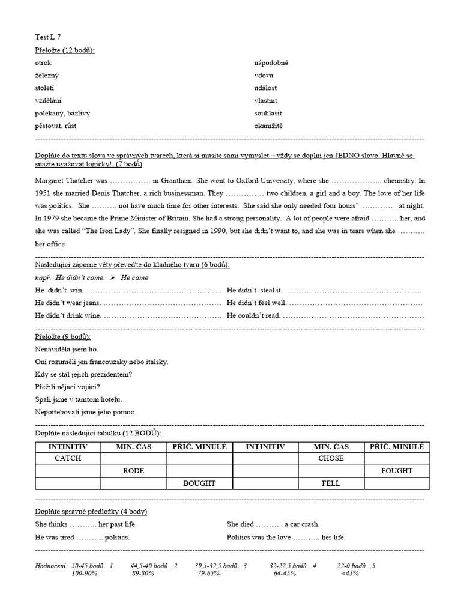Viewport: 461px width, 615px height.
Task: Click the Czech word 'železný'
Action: point(47,76)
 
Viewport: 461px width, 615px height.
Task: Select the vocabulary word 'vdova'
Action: point(264,76)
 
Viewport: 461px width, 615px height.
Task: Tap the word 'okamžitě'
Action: point(268,126)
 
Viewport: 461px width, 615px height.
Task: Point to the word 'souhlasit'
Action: point(268,113)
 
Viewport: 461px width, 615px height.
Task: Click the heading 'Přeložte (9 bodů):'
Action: point(63,336)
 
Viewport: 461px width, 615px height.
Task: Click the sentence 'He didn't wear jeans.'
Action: point(68,303)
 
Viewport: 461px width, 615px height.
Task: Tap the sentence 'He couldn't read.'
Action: point(253,315)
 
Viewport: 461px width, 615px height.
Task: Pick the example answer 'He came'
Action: point(134,277)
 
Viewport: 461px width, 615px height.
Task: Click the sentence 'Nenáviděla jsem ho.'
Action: point(67,349)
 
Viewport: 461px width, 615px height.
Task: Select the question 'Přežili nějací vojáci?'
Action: point(68,387)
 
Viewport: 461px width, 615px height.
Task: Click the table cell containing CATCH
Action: point(68,458)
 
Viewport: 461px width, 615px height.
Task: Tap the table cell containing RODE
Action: point(133,471)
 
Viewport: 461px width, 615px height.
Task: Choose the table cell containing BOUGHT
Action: point(199,483)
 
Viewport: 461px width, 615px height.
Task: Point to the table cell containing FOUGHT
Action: point(396,471)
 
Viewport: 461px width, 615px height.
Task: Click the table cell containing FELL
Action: point(331,483)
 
